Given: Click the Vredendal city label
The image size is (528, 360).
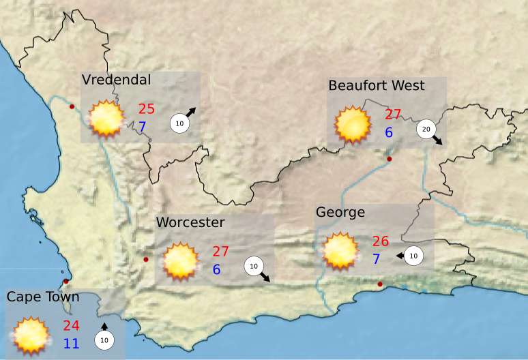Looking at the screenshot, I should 116,80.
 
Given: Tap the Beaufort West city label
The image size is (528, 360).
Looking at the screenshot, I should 376,85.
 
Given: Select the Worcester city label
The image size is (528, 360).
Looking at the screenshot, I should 190,223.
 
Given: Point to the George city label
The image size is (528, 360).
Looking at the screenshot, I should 340,213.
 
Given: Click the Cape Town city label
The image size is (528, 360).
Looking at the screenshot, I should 43,297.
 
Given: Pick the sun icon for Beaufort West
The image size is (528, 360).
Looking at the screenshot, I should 353,123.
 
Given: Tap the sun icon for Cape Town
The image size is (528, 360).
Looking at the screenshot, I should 31,335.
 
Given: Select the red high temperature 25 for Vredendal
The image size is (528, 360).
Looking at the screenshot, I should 147,109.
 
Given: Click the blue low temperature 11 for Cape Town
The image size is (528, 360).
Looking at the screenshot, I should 72,343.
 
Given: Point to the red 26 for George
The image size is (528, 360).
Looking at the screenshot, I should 381,241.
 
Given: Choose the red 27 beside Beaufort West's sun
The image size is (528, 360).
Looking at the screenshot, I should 393,115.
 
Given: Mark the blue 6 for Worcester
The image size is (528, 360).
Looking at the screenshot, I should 216,270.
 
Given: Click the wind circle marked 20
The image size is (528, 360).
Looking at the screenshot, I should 426,129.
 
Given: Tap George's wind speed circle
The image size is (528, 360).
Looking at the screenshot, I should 414,256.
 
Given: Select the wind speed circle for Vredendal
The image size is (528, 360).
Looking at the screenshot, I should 179,123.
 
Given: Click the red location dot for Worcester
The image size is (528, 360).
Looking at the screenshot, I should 145,259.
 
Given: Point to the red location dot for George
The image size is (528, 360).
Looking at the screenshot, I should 380,284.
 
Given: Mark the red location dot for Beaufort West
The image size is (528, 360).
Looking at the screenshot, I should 389,159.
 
